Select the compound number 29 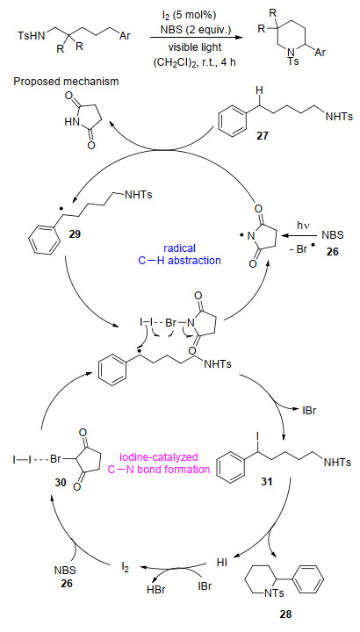point(74,233)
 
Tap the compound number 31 point(264,480)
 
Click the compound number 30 point(58,479)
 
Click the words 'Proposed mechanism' point(66,82)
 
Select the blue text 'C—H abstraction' point(180,261)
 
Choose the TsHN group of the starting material point(29,36)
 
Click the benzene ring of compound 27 point(232,123)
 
